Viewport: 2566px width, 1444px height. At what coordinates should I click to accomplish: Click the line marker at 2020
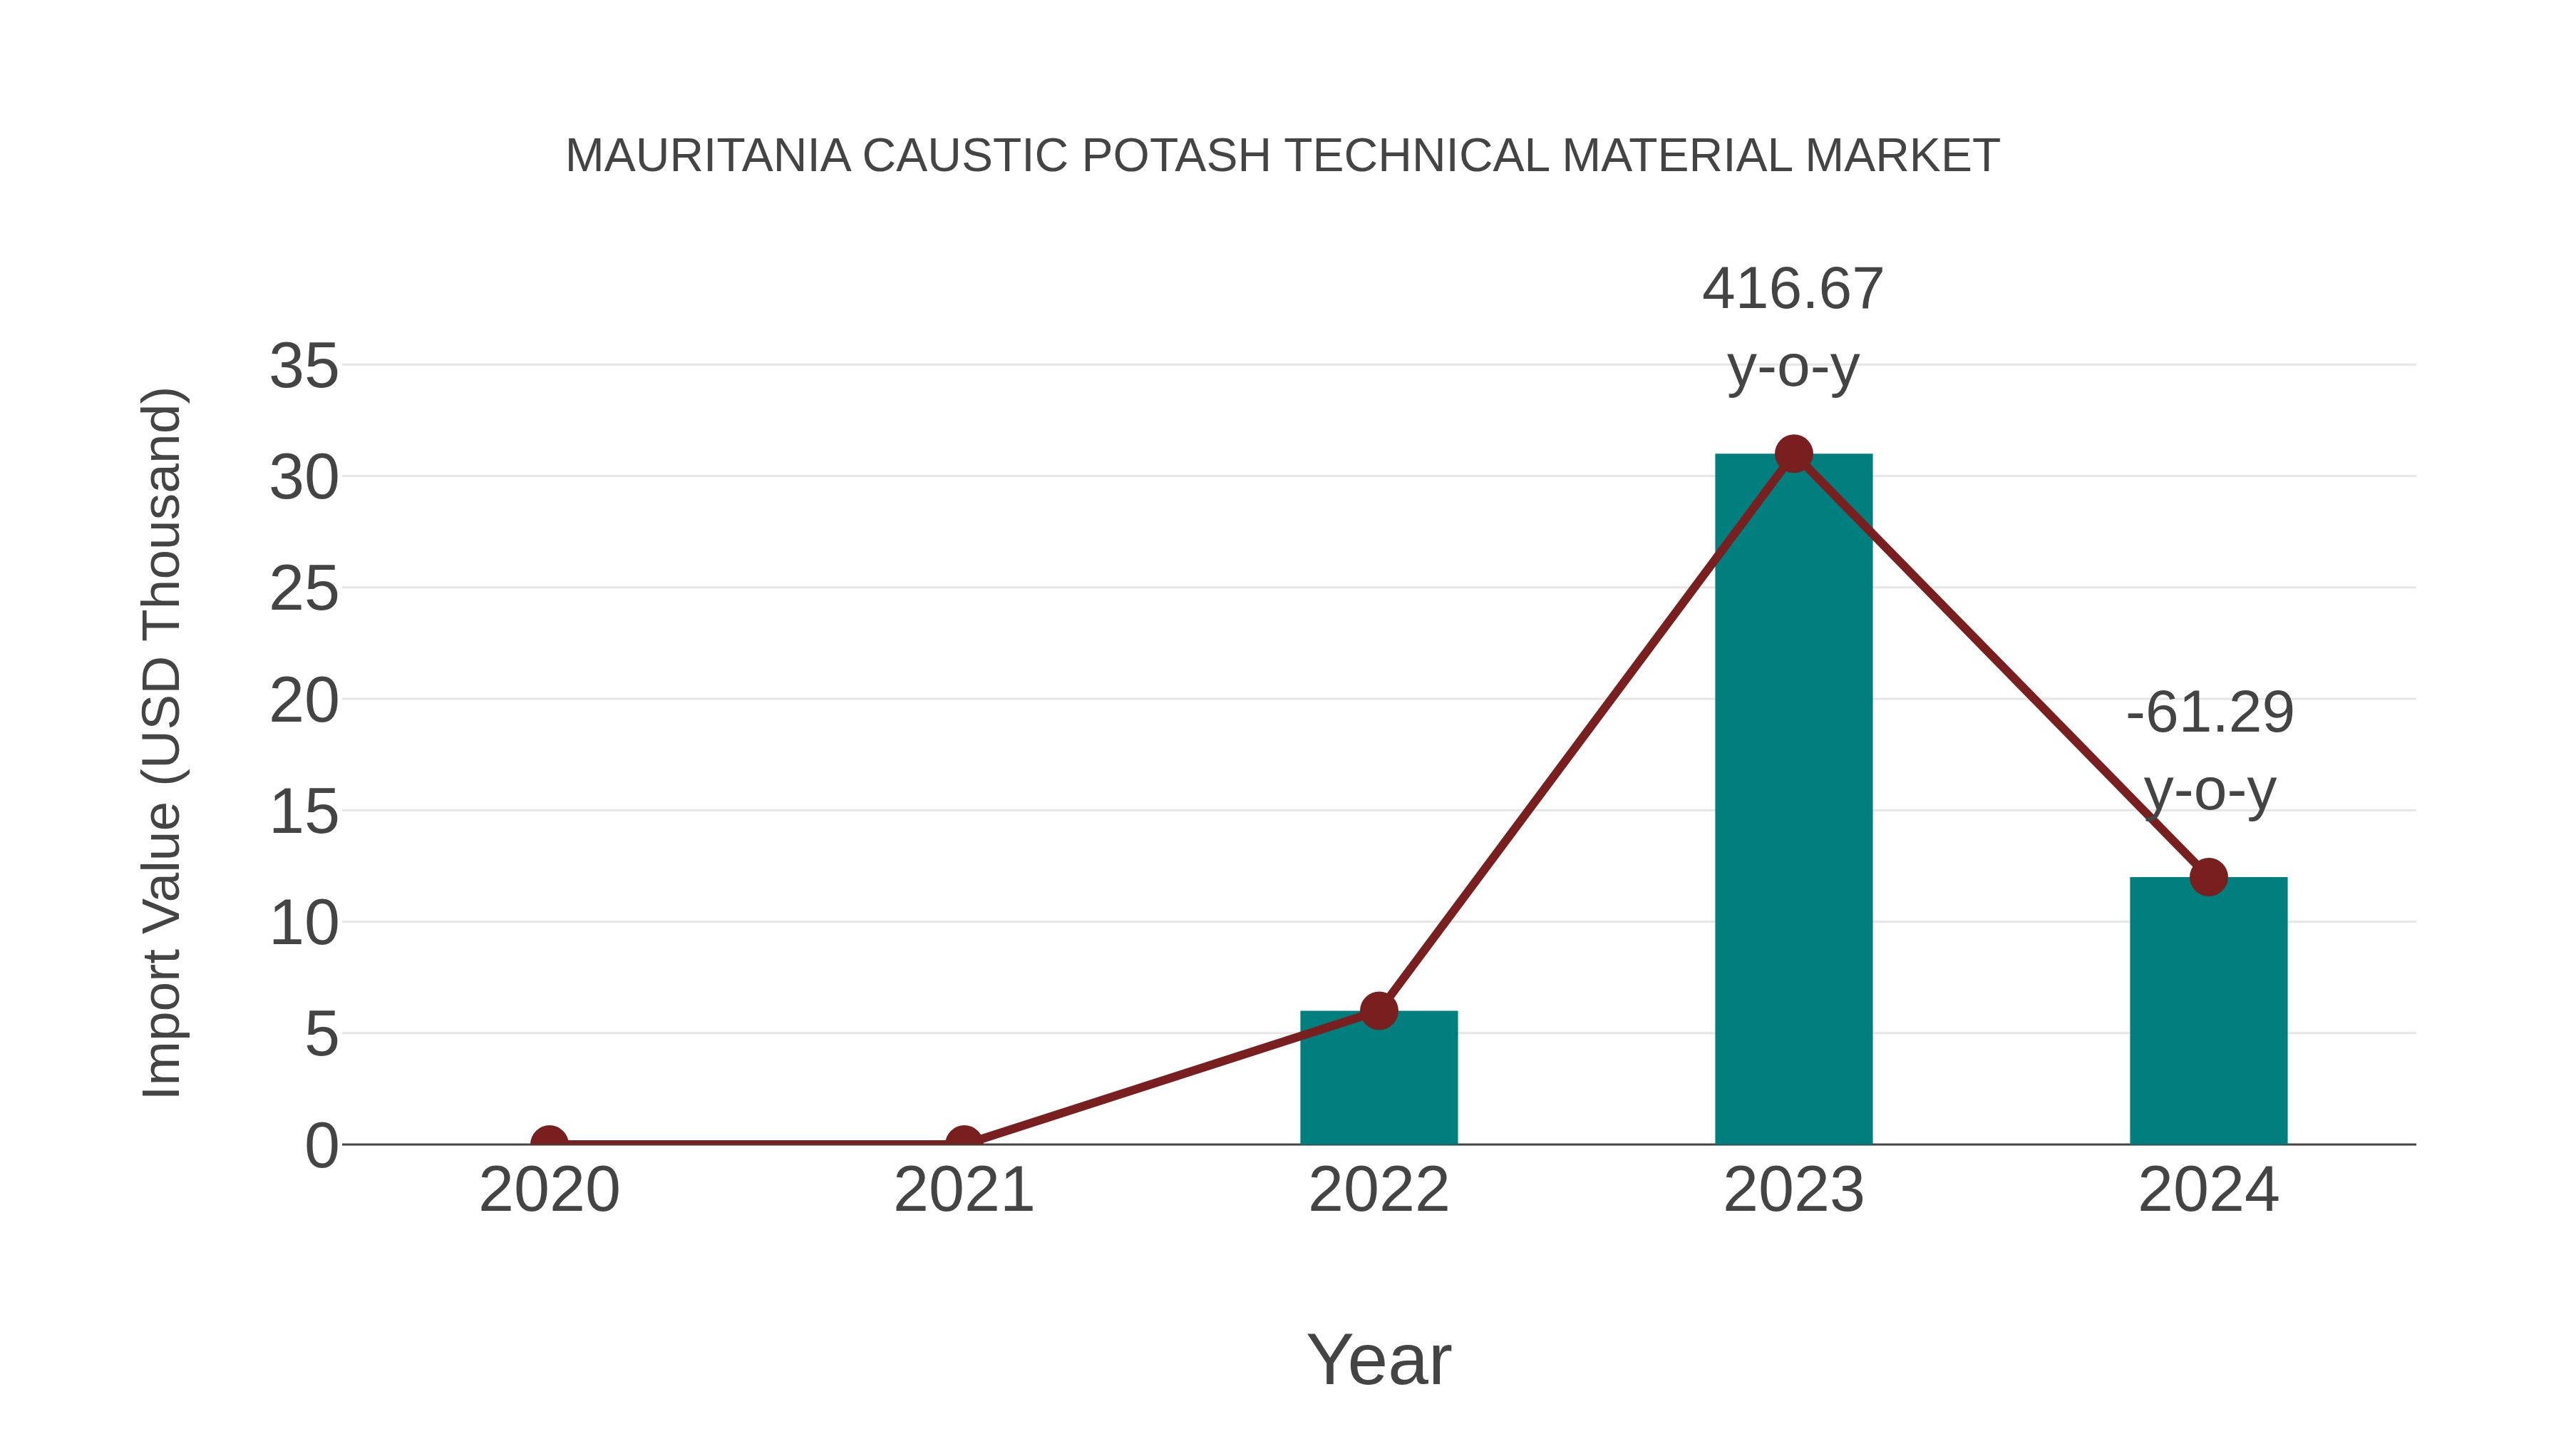pos(549,1142)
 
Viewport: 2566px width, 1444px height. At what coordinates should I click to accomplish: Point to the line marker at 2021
pos(963,1142)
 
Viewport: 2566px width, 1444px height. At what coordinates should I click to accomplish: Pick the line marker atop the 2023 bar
pos(1793,454)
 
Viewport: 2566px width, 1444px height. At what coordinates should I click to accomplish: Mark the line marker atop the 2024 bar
pos(2208,877)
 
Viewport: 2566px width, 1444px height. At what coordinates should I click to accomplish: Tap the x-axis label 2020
pos(549,1190)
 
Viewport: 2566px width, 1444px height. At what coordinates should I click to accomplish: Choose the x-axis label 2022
pos(1379,1190)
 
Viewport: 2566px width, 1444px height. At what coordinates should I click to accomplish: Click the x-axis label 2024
pos(2208,1190)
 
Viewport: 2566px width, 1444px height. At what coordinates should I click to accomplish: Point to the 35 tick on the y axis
pos(304,367)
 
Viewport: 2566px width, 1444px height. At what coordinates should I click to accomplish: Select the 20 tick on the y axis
pos(304,702)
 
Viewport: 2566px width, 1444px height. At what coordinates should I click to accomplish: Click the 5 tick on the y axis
pos(321,1035)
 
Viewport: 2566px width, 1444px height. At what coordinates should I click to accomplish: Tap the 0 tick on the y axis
pos(321,1146)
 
